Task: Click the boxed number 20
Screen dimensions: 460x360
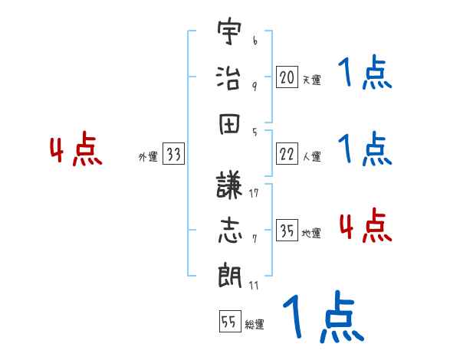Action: point(287,77)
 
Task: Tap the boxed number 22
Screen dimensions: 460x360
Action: point(287,155)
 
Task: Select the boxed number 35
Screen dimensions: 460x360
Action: point(287,231)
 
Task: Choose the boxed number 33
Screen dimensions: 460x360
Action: point(172,155)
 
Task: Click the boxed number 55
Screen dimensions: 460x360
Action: point(228,322)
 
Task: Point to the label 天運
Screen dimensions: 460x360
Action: point(311,80)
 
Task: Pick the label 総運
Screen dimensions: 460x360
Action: point(254,325)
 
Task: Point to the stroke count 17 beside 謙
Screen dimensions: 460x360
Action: point(254,193)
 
